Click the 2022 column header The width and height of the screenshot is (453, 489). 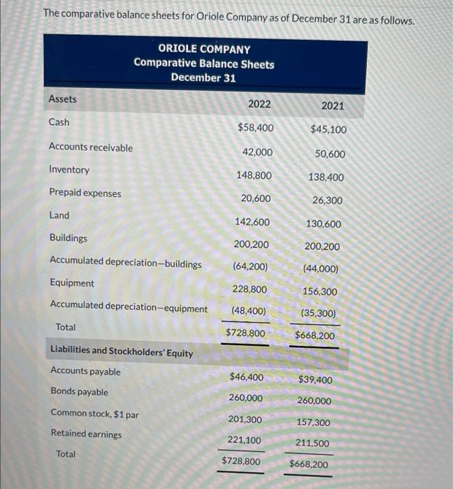tap(259, 104)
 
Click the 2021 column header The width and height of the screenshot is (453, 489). tap(332, 106)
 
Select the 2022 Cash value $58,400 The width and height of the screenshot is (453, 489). tap(256, 128)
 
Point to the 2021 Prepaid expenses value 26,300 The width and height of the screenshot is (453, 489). tap(328, 200)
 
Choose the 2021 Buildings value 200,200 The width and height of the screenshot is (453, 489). tap(322, 247)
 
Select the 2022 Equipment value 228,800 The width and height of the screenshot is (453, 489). tap(249, 289)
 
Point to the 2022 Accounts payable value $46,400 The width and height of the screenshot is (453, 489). tap(246, 377)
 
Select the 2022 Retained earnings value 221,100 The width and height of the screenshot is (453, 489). tap(245, 440)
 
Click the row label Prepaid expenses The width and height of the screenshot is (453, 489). tap(85, 193)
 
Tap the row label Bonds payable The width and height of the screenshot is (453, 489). tap(79, 392)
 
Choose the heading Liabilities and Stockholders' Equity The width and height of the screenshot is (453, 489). tap(122, 352)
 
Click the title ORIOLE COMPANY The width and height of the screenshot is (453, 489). tap(204, 49)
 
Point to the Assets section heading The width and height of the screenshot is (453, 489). tap(63, 99)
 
